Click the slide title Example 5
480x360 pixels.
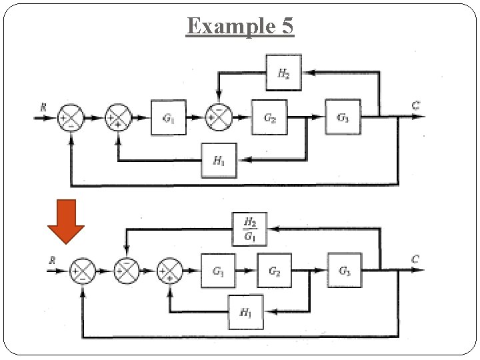[240, 26]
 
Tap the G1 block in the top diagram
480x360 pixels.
[169, 117]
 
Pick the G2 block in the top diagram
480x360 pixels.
[269, 117]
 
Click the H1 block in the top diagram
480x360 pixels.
[219, 160]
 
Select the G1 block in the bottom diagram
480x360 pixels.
[218, 271]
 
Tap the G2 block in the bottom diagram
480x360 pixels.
[274, 271]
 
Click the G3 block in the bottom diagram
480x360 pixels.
[344, 270]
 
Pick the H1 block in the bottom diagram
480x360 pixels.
[245, 311]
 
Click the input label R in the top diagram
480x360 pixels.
[44, 106]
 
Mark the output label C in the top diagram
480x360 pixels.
[415, 105]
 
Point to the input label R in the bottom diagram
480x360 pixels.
[53, 260]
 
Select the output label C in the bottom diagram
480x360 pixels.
[415, 259]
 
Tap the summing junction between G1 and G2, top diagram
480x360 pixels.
[219, 117]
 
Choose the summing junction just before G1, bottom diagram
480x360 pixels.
[169, 271]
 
